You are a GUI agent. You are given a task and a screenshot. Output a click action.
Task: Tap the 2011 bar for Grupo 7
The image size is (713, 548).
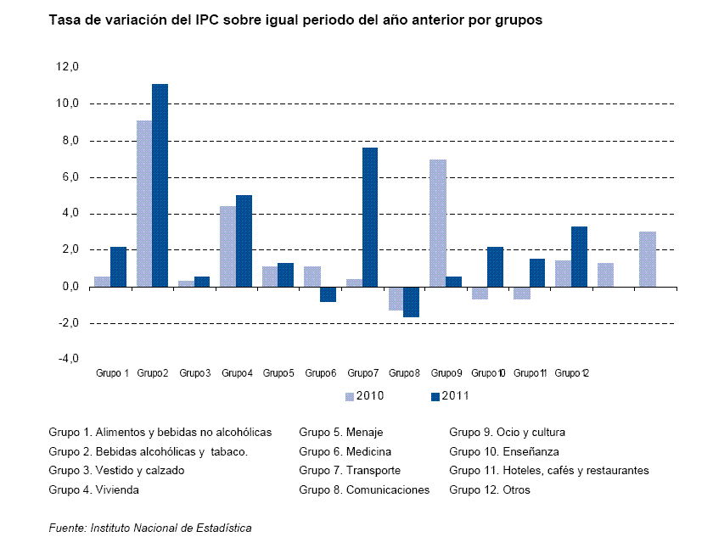coord(369,217)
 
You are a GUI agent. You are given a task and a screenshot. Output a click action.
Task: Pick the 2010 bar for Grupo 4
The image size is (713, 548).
coord(227,246)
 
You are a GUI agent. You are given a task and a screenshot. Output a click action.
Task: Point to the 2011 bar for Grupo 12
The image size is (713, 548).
coord(579,256)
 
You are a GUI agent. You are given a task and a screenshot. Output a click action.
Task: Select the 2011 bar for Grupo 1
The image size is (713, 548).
coord(118,266)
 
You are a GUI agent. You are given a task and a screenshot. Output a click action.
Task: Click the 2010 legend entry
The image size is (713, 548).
coord(366,395)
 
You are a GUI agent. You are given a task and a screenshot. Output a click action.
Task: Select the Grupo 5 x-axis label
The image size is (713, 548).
coord(278,373)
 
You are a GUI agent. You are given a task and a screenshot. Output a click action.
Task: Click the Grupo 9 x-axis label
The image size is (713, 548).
coord(446,373)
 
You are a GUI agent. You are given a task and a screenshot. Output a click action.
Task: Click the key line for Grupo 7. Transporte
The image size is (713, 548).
coord(350,470)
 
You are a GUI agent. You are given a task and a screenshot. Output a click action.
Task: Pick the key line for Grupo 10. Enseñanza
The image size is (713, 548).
coord(504,451)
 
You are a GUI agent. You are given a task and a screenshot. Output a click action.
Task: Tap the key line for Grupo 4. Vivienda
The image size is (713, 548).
coord(94,489)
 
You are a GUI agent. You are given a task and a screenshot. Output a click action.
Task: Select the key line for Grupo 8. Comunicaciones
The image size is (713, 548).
coord(364,489)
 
